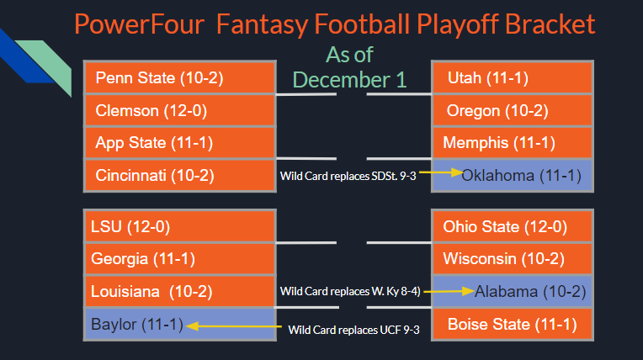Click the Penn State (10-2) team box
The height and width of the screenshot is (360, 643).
tap(180, 78)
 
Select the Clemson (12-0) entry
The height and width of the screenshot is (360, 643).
tap(180, 110)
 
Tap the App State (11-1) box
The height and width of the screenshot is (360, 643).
tap(180, 142)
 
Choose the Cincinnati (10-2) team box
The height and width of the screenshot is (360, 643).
tap(180, 175)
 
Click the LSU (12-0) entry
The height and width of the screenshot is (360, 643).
tap(180, 226)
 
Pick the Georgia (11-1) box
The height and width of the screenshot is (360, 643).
tap(180, 259)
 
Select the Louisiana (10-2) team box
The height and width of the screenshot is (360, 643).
tap(180, 292)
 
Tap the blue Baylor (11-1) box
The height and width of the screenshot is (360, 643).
tap(180, 324)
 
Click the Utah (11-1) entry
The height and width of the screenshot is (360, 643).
tap(512, 78)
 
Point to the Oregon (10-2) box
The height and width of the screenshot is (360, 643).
tap(512, 110)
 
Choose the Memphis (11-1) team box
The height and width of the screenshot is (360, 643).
tap(512, 142)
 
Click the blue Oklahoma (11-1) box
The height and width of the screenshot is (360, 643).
tap(512, 175)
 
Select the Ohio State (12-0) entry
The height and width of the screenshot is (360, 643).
tap(512, 226)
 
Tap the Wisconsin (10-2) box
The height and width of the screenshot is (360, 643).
tap(512, 259)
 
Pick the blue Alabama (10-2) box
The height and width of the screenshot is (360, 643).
tap(512, 292)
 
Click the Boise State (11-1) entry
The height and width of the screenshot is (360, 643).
tap(512, 324)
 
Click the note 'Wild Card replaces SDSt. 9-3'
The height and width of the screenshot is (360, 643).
tap(348, 176)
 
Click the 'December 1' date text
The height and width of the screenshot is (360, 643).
tap(349, 79)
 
